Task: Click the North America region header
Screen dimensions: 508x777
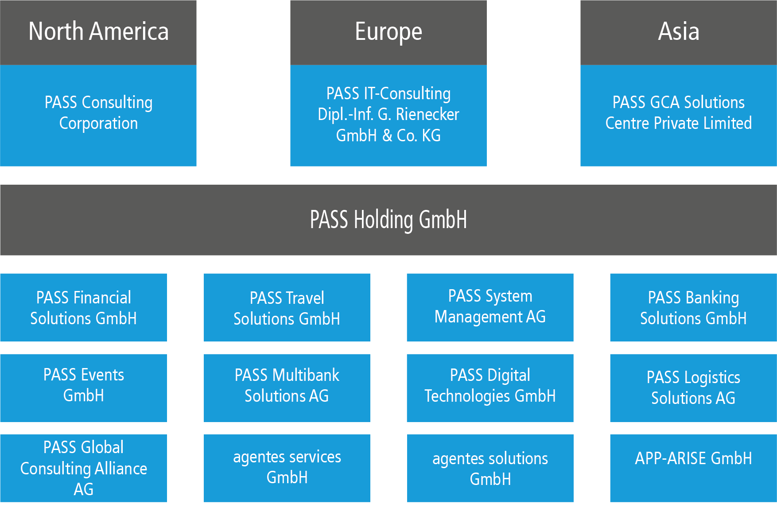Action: pos(98,32)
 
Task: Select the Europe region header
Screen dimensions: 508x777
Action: pos(388,32)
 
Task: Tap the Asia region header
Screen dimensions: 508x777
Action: pos(678,32)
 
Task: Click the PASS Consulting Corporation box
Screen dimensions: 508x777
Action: pos(98,113)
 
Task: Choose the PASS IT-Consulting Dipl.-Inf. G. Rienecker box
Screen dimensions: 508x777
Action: pos(388,114)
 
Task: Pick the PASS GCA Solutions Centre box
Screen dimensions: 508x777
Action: pos(678,113)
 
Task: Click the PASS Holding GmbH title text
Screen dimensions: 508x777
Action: pos(388,220)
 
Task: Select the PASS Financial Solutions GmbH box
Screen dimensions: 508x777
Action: pos(83,307)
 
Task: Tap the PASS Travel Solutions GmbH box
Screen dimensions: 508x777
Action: pos(287,307)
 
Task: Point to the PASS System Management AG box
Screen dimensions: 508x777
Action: pos(490,306)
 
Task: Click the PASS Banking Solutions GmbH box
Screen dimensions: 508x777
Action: pos(693,307)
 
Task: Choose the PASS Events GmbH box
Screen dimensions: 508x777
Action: pos(83,385)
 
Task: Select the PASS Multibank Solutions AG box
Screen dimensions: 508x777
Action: pos(287,386)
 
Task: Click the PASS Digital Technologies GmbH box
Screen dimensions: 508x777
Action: pos(490,386)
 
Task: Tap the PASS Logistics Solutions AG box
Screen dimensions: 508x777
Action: pos(693,388)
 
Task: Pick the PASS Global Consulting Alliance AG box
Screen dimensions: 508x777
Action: pos(83,468)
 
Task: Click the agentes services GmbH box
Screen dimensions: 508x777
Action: pos(287,467)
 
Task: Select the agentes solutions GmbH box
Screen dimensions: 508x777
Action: pos(490,469)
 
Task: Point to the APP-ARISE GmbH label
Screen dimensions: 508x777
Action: pos(693,458)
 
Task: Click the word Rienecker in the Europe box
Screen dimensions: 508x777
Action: pos(427,115)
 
